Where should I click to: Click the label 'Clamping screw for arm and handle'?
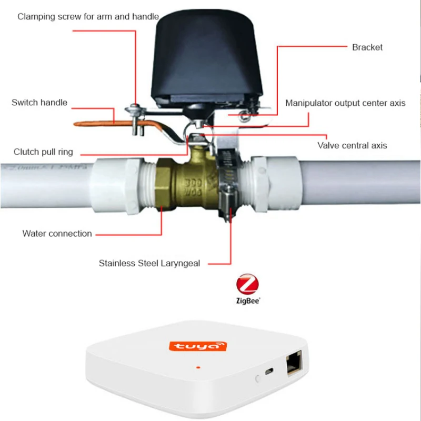[x=88, y=16]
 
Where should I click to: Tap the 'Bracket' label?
[x=367, y=47]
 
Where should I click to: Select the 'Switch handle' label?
[x=39, y=103]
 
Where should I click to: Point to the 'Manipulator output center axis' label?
[x=345, y=103]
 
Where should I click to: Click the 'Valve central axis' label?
[x=352, y=145]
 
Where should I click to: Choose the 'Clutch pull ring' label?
[x=43, y=152]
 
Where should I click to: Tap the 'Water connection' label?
[x=57, y=234]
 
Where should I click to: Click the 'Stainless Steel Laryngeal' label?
[x=149, y=263]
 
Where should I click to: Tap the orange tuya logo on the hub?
[x=198, y=346]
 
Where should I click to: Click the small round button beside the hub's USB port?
[x=257, y=378]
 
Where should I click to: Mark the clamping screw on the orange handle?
[x=134, y=113]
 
